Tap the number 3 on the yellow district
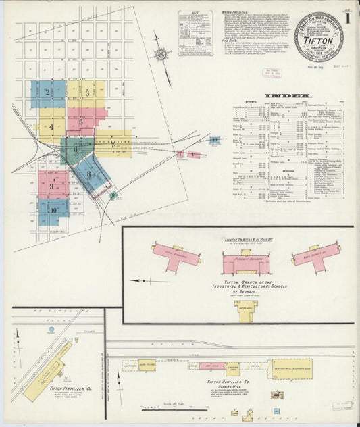(x=87, y=93)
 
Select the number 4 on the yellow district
(x=51, y=126)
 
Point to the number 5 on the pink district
(x=81, y=122)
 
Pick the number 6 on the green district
(x=76, y=147)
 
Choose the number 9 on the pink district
(x=51, y=186)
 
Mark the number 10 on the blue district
(x=52, y=210)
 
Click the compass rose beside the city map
(x=162, y=55)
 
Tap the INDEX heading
(x=292, y=96)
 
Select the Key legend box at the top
(x=195, y=32)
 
